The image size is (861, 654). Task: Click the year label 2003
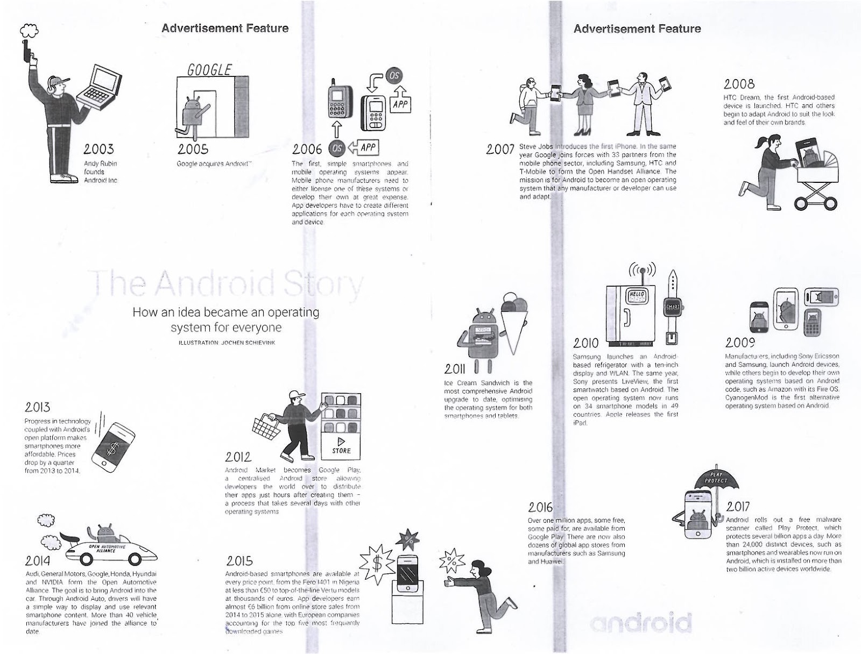point(98,149)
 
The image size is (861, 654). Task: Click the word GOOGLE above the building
point(209,70)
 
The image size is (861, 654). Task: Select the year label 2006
point(307,149)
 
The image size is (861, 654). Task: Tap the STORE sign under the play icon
point(341,451)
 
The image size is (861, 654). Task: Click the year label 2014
point(38,561)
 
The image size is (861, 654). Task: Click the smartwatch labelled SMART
point(672,307)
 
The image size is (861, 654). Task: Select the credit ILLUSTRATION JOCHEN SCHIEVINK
point(226,343)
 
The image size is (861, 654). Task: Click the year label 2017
point(737,507)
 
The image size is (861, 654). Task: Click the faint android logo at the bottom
point(640,623)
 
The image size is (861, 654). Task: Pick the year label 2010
point(585,343)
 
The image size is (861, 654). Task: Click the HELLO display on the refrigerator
point(637,296)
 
